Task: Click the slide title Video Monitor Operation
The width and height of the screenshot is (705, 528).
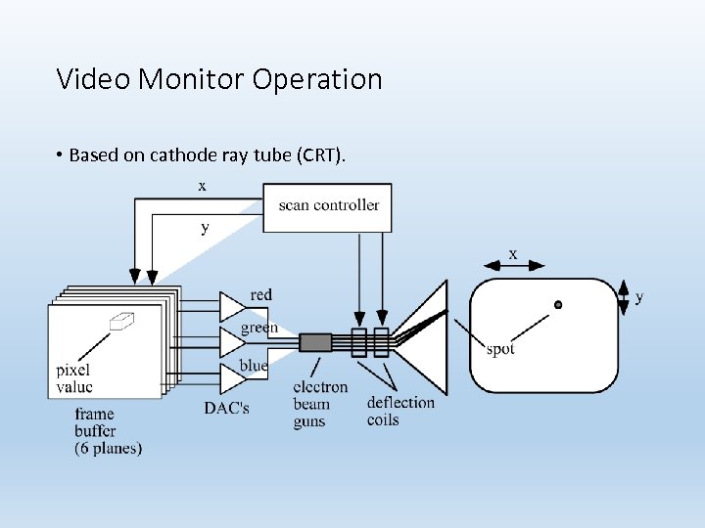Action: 219,78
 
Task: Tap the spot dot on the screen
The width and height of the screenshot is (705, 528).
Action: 558,305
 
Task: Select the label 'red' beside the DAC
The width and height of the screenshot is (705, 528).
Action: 261,295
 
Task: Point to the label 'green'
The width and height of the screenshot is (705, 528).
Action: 259,329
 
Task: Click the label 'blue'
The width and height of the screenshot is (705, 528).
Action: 254,366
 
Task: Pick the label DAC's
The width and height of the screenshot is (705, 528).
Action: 226,408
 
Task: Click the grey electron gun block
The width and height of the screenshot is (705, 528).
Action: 315,342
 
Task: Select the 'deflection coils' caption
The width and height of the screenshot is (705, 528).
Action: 400,411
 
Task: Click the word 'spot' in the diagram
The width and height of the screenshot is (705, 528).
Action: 499,349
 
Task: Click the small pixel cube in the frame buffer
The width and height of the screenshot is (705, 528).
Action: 121,320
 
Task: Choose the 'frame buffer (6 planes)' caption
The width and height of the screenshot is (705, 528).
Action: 108,431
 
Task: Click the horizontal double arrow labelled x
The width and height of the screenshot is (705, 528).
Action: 513,265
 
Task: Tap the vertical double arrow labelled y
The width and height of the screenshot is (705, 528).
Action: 624,296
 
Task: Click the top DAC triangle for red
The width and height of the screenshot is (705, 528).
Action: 231,306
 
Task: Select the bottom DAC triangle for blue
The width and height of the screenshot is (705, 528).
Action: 231,376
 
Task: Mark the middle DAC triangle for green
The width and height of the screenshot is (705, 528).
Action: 231,341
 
